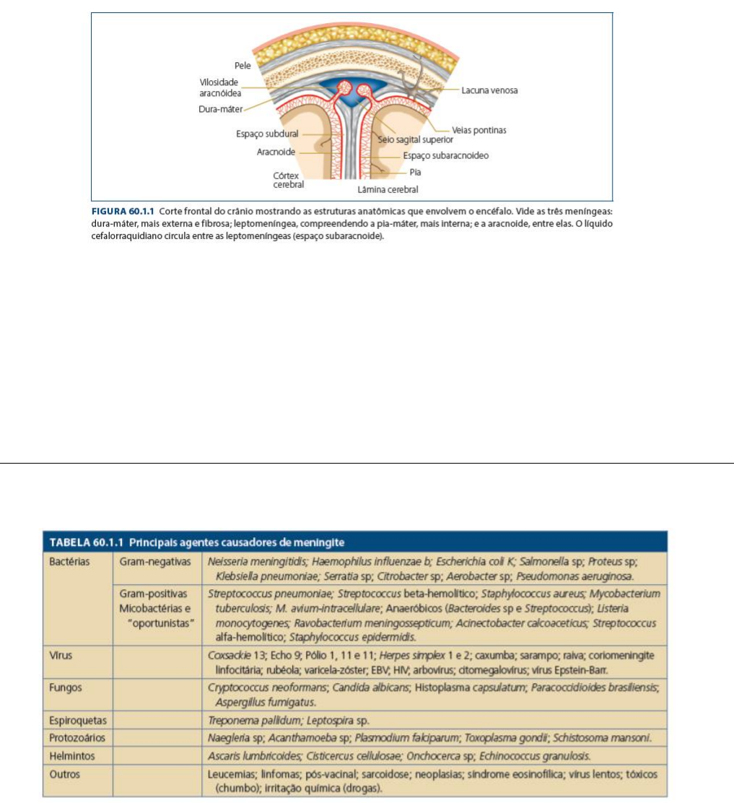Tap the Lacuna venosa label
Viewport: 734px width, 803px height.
pos(489,90)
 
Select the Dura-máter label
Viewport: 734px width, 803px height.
pos(220,109)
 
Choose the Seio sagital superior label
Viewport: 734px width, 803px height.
pos(416,139)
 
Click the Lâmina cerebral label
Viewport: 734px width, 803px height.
pos(388,190)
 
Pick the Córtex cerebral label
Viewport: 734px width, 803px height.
pos(288,180)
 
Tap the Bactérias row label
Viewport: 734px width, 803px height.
pos(70,561)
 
